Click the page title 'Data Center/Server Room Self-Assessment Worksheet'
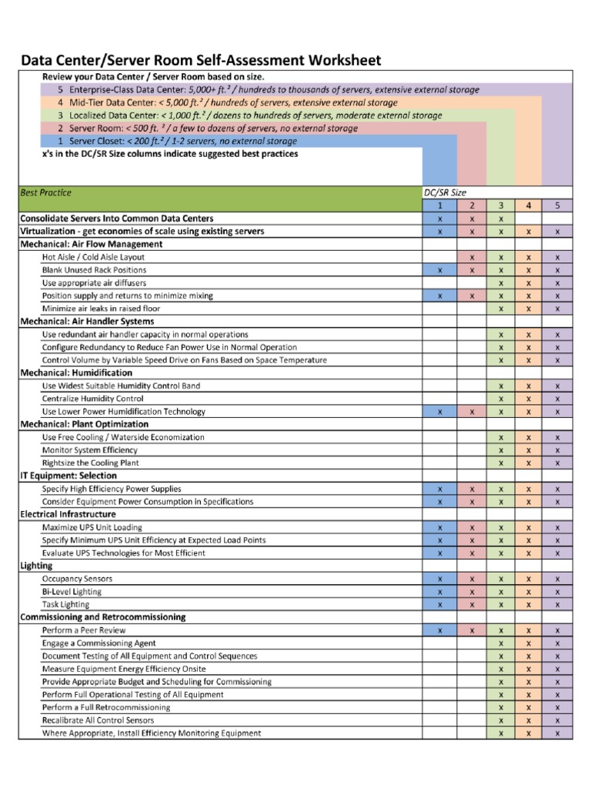[200, 61]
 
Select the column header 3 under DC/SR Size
[501, 205]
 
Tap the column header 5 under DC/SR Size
[557, 205]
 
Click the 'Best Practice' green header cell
[45, 192]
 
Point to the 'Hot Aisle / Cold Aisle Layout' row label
[93, 257]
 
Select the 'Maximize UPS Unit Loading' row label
[92, 527]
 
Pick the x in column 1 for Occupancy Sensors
[439, 579]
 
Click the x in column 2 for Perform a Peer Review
[472, 630]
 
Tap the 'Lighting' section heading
[36, 566]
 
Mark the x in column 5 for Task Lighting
[557, 605]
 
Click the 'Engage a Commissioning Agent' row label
[99, 643]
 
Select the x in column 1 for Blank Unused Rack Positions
[439, 270]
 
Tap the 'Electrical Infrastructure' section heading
[68, 514]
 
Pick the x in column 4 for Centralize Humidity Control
[529, 399]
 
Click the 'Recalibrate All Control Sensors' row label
[98, 720]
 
